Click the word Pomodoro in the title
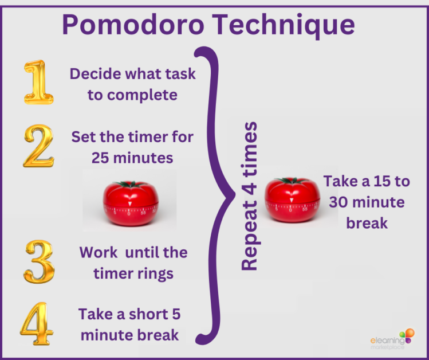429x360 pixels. [133, 25]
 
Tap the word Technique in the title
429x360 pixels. [284, 25]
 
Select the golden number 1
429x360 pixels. [38, 82]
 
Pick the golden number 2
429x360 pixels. [38, 146]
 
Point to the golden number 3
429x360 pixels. [39, 261]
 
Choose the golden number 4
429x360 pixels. [37, 323]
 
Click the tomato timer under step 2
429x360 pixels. [131, 203]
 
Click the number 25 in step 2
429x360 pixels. [100, 158]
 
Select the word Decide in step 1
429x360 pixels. [95, 73]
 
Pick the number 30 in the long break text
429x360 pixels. [339, 202]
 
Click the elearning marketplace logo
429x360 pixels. [392, 339]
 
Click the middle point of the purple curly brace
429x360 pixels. [233, 195]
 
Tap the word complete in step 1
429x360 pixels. [142, 96]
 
